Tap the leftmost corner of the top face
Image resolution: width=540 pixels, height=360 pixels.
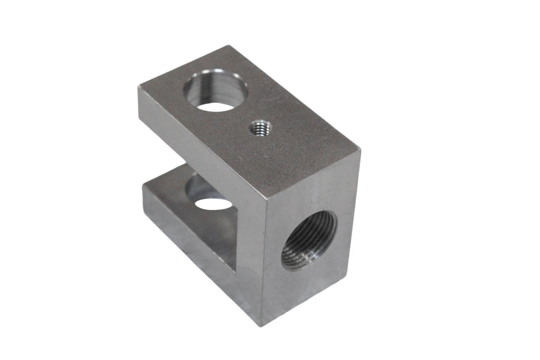138,86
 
